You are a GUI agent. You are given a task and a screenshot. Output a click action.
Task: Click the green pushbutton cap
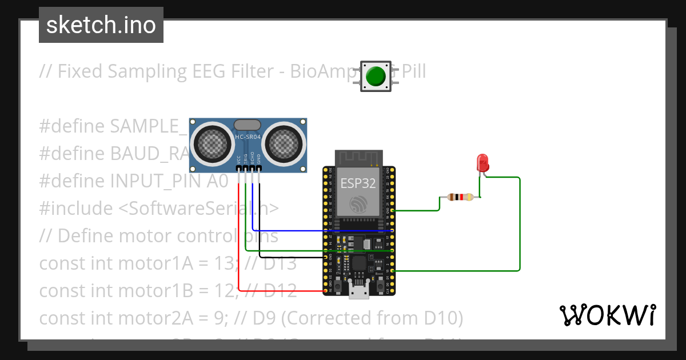[376, 75]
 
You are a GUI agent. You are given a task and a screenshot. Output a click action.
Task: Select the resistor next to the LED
[461, 197]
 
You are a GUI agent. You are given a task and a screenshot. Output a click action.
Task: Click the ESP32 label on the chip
[358, 183]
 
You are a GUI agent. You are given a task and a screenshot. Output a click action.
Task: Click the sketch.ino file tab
[101, 25]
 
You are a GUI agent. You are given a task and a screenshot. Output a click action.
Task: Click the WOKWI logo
[607, 315]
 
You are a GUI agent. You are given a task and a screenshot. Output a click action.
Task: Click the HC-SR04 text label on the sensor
[248, 137]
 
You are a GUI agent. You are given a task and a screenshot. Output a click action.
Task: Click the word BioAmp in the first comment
[324, 71]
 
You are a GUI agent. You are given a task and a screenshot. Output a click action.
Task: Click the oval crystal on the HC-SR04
[248, 125]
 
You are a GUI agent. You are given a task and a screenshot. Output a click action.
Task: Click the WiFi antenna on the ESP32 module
[358, 158]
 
